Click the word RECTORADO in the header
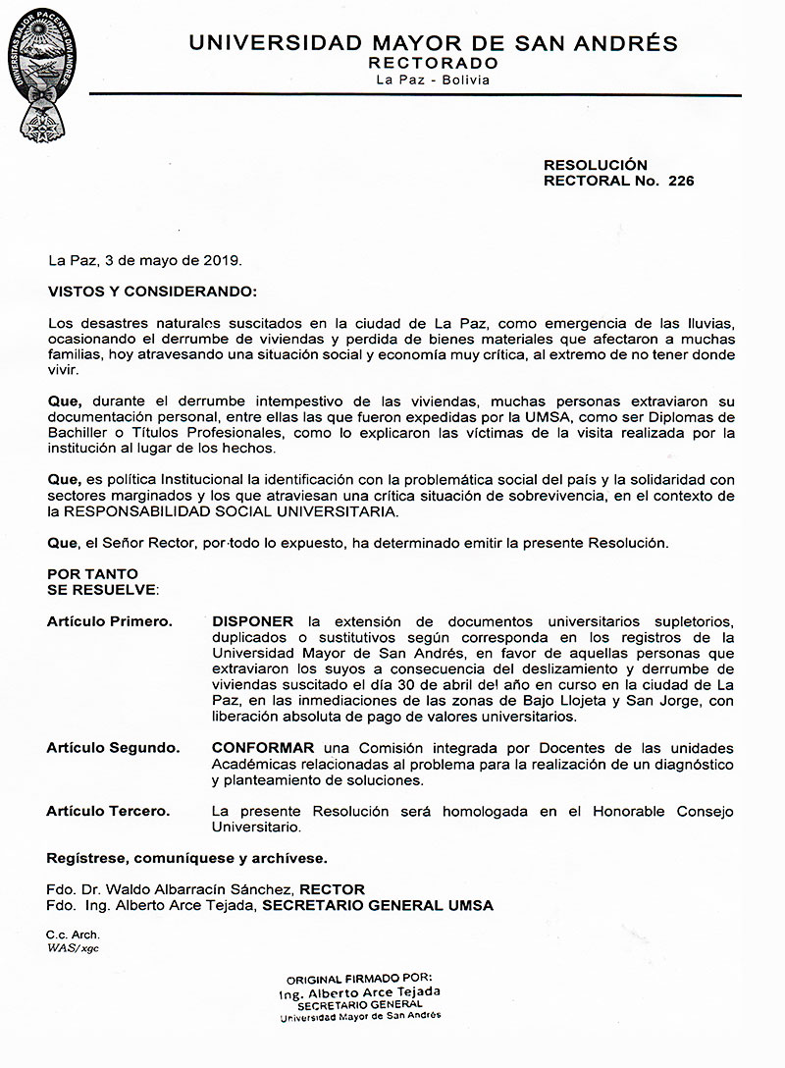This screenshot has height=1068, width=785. [x=433, y=62]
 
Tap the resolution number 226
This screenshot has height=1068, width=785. [x=681, y=181]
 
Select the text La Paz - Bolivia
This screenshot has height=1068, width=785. [x=433, y=80]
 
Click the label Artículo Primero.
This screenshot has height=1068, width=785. [x=110, y=622]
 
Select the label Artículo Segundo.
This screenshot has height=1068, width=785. [x=113, y=748]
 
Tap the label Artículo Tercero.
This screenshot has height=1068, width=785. [x=108, y=811]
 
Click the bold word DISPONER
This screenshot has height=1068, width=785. [x=252, y=622]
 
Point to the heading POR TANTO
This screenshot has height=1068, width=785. [x=93, y=573]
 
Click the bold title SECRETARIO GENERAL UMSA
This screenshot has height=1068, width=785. [x=376, y=905]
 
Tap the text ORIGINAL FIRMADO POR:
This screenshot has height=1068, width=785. [x=358, y=980]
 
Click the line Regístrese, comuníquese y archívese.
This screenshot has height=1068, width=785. [x=187, y=858]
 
